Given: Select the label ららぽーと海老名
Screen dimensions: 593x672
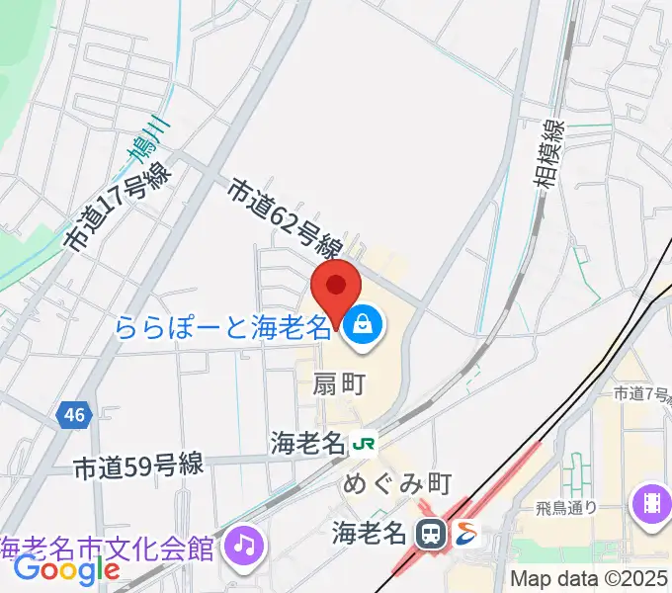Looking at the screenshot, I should pos(223,326).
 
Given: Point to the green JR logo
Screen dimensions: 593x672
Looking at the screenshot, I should pos(364,444).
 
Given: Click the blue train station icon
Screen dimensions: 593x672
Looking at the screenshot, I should pos(431,534).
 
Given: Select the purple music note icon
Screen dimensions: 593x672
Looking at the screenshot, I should pos(243,543).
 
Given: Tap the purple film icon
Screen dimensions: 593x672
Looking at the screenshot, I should pos(653,498).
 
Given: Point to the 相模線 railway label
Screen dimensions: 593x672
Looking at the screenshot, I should pos(553,153).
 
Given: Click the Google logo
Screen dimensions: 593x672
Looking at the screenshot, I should pos(66,569).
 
